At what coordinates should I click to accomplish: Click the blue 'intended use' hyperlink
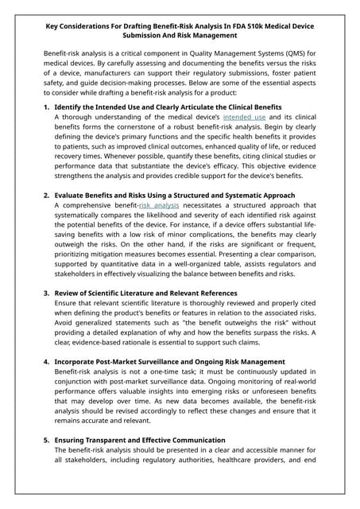(244, 117)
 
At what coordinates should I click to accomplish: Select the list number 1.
(46, 106)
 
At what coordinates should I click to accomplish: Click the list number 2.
(46, 195)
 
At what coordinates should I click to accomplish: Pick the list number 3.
(46, 293)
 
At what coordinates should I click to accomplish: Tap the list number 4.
(46, 362)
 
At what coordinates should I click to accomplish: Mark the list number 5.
(46, 439)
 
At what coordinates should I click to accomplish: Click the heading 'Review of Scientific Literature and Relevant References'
(145, 293)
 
